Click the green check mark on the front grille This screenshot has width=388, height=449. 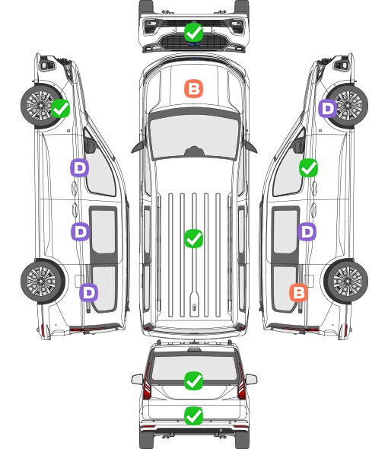193,32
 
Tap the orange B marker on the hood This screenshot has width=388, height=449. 193,88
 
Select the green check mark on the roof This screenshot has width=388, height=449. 193,238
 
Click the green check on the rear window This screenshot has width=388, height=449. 193,381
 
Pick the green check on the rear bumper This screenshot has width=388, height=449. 193,416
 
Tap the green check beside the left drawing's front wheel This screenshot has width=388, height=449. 60,108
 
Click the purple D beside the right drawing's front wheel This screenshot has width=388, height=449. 328,108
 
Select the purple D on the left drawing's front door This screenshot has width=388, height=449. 80,167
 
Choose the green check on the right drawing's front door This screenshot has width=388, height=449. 308,167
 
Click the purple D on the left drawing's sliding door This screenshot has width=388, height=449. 80,231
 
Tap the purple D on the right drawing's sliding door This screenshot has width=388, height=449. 307,231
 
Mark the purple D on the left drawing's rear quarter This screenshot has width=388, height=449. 89,292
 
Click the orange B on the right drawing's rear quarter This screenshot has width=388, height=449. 299,292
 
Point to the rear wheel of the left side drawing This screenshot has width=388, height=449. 42,282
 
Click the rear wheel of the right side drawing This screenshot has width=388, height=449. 347,282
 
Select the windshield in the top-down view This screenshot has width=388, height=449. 194,137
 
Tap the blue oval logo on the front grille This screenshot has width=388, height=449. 194,44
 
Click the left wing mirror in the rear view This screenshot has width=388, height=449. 138,380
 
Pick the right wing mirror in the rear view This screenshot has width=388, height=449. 251,380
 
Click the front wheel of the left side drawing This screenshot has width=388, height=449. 42,105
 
